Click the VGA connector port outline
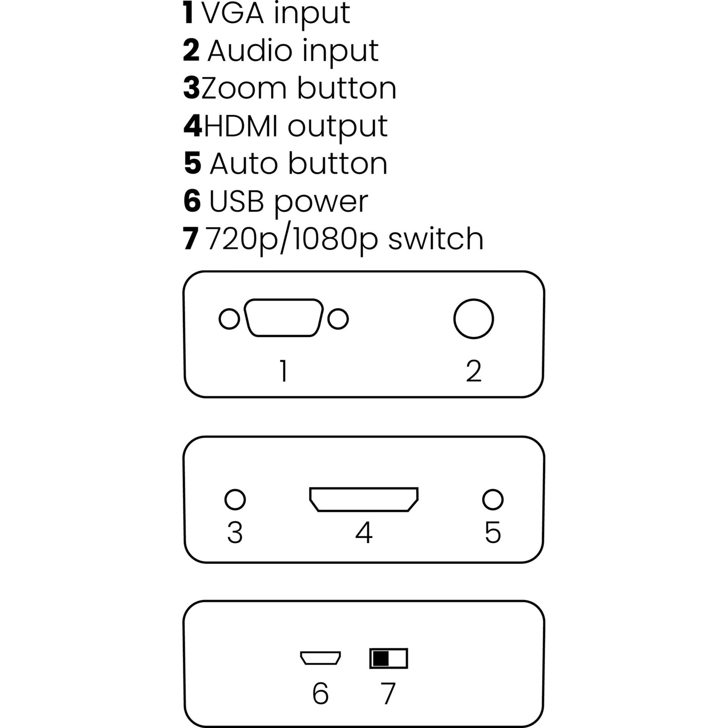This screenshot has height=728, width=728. [283, 318]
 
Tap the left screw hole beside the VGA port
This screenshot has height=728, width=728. [229, 319]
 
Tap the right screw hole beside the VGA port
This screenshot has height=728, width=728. [338, 319]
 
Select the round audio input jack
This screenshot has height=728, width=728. [473, 319]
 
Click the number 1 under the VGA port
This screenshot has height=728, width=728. [284, 371]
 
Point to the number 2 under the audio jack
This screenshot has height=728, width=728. [474, 371]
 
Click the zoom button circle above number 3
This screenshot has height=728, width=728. [235, 499]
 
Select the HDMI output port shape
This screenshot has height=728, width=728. [364, 499]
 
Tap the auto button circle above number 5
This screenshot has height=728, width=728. [492, 499]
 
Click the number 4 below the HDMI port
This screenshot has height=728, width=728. [364, 533]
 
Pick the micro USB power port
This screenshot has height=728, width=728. [320, 658]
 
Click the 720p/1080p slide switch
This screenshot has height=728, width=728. [388, 658]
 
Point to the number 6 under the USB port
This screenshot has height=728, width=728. [320, 694]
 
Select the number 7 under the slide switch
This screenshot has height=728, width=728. [388, 694]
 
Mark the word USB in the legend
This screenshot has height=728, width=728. [236, 202]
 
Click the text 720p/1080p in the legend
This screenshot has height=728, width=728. [292, 239]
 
